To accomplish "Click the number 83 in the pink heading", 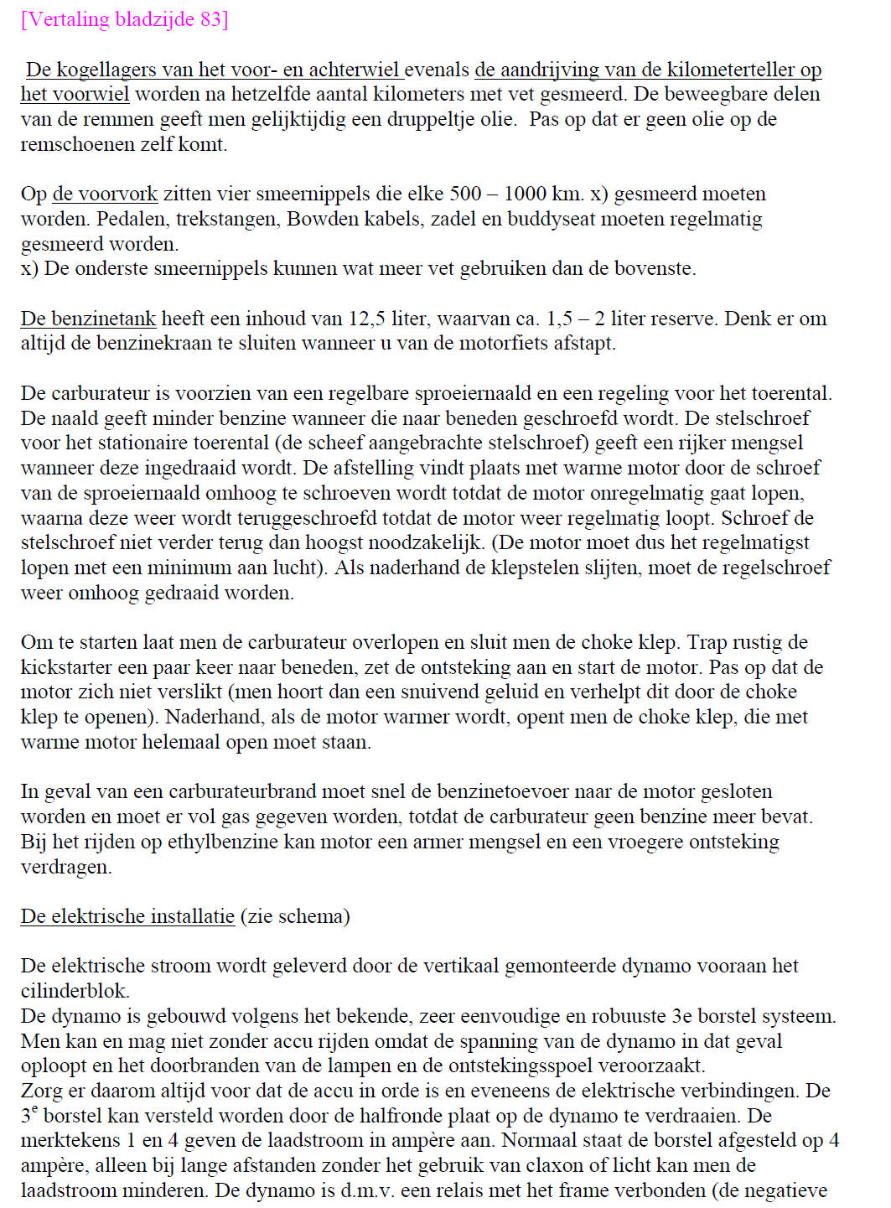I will click(210, 19).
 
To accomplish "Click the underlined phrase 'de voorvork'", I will click(105, 194).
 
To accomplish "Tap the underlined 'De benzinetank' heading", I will click(88, 319).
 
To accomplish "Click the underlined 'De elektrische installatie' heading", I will click(127, 916).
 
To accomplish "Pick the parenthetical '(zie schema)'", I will click(295, 916).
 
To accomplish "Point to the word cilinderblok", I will click(75, 991).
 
